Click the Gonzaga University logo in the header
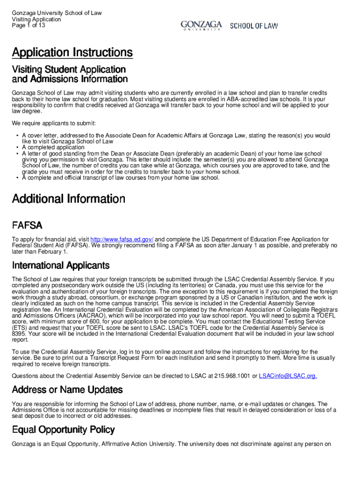pos(202,26)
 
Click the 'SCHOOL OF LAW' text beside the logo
pos(254,26)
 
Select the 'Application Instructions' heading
pos(72,52)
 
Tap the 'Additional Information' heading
pos(68,199)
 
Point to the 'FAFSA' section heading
pos(27,225)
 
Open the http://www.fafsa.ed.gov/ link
pos(122,239)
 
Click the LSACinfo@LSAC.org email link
pos(288,376)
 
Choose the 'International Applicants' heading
pos(60,266)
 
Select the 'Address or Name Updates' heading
pos(67,390)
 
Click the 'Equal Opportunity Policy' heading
pos(63,429)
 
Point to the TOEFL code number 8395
pos(19,334)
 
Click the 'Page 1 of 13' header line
pos(29,25)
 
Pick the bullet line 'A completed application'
pos(53,147)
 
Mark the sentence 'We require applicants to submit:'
pos(54,123)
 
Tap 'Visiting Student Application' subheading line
pos(69,70)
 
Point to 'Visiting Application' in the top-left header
pos(36,19)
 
